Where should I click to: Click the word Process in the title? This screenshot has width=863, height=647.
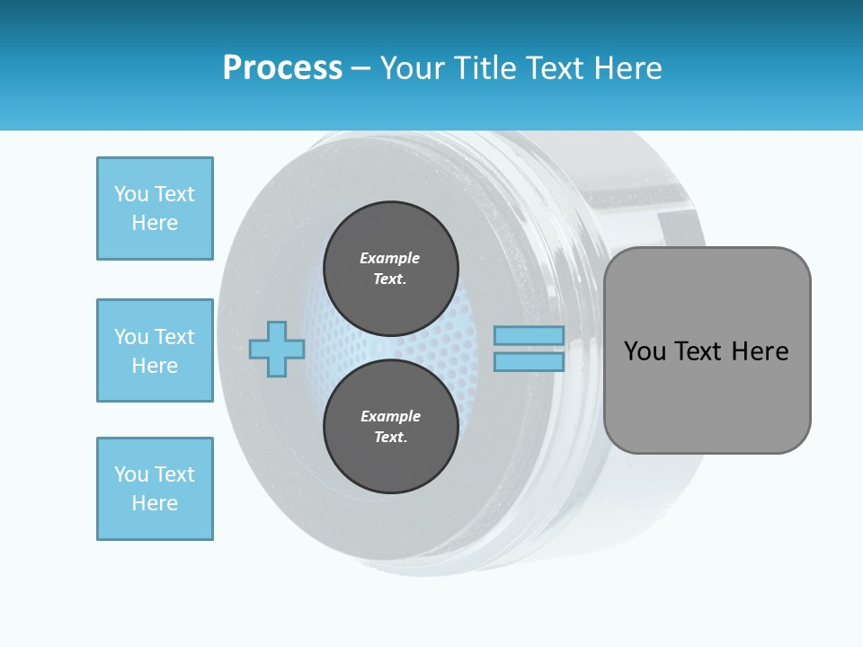pyautogui.click(x=282, y=68)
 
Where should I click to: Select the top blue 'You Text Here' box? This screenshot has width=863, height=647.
pyautogui.click(x=155, y=208)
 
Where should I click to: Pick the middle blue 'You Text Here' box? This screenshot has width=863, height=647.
pyautogui.click(x=155, y=350)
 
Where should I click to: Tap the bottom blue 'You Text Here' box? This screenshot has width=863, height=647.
pyautogui.click(x=155, y=489)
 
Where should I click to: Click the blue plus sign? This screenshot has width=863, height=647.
pyautogui.click(x=277, y=349)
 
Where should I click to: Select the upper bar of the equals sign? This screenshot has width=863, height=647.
pyautogui.click(x=529, y=335)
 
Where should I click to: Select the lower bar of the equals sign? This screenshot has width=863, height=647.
pyautogui.click(x=529, y=361)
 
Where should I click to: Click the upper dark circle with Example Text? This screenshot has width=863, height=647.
pyautogui.click(x=390, y=268)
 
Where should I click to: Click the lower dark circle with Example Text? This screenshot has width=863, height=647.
pyautogui.click(x=390, y=426)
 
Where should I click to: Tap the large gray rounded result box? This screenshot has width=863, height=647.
pyautogui.click(x=707, y=395)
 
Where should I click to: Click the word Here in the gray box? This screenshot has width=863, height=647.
pyautogui.click(x=760, y=350)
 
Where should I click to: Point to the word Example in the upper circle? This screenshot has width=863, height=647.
pyautogui.click(x=389, y=258)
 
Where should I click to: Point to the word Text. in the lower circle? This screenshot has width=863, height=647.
pyautogui.click(x=389, y=437)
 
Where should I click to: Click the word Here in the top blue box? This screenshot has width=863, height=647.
pyautogui.click(x=155, y=223)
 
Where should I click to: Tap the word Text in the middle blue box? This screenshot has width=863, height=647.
pyautogui.click(x=173, y=337)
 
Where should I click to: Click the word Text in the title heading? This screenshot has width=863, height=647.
pyautogui.click(x=555, y=68)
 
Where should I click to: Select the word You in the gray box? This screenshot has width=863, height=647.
pyautogui.click(x=645, y=350)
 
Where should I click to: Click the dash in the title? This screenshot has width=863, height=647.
pyautogui.click(x=360, y=68)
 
